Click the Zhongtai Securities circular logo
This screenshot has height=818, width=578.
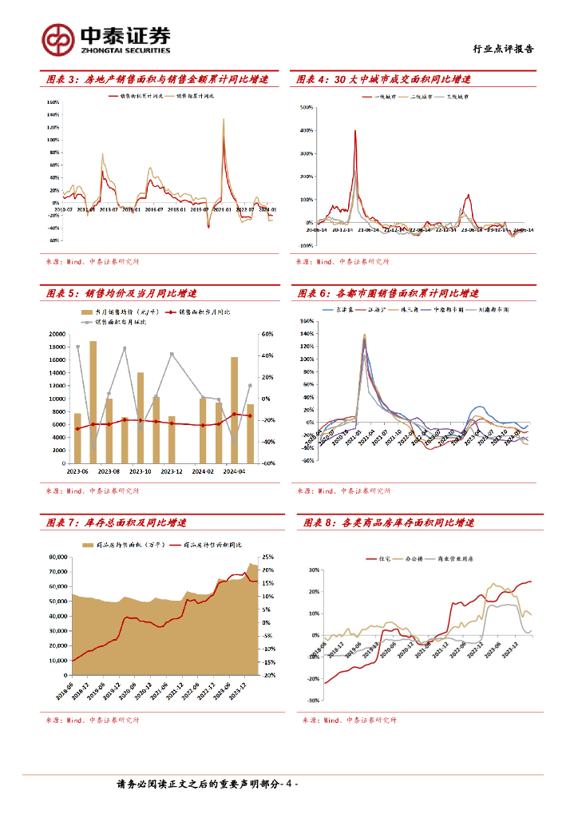coord(57,38)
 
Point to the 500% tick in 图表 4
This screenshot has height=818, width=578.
coord(305,106)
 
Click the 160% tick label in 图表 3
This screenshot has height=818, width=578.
coord(53,102)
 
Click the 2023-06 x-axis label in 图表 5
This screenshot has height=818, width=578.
coord(77,471)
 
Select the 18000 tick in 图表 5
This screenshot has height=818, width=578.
coord(57,347)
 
